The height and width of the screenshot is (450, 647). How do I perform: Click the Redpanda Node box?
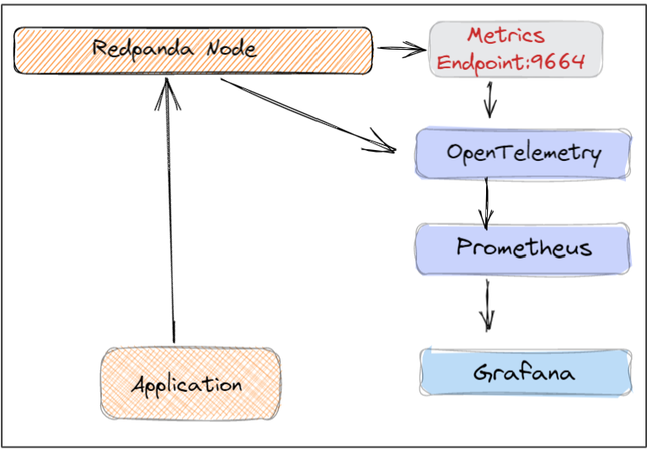tap(193, 51)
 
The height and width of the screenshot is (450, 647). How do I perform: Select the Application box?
tap(190, 383)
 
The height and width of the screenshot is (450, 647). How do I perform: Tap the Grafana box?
tap(526, 372)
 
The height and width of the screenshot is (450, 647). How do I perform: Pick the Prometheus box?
tap(523, 249)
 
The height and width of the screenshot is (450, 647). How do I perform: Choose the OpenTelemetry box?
tap(523, 153)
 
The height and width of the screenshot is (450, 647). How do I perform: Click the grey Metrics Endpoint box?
tap(516, 50)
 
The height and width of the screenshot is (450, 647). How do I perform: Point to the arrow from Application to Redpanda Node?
tap(170, 210)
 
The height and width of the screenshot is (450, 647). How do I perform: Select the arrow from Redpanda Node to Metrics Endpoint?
tap(402, 49)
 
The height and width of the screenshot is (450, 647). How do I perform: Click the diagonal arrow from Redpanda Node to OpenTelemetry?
tap(308, 115)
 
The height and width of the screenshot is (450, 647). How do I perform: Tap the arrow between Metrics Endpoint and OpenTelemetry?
tap(489, 99)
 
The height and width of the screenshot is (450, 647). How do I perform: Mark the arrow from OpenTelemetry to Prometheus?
tap(486, 204)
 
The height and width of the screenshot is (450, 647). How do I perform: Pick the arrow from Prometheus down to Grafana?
tap(487, 306)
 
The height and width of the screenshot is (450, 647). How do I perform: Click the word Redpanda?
tap(142, 49)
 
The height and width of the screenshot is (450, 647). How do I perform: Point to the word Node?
tap(232, 49)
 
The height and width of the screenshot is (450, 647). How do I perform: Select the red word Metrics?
tap(505, 35)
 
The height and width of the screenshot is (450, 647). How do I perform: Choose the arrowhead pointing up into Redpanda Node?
tap(167, 94)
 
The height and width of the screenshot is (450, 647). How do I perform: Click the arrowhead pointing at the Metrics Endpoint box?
tap(414, 50)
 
